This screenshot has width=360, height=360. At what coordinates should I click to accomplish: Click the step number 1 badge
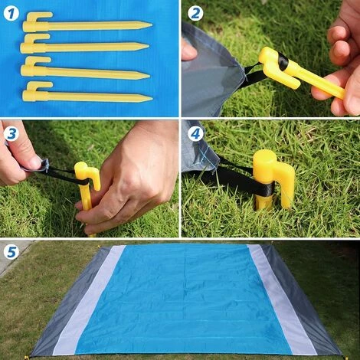(x=12, y=11)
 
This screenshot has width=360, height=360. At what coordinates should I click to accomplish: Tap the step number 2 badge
(x=195, y=12)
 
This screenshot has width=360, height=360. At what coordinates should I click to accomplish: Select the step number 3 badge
(x=11, y=133)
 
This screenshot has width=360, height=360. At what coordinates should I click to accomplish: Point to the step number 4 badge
(x=195, y=133)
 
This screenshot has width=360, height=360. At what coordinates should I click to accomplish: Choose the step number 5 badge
(x=11, y=251)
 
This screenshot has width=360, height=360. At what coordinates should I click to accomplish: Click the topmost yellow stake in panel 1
(x=84, y=25)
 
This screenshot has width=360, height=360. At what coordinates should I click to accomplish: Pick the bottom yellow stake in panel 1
(x=84, y=97)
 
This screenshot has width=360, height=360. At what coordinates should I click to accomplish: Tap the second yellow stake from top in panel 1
(x=84, y=47)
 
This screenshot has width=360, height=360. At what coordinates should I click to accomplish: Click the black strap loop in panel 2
(x=256, y=72)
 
